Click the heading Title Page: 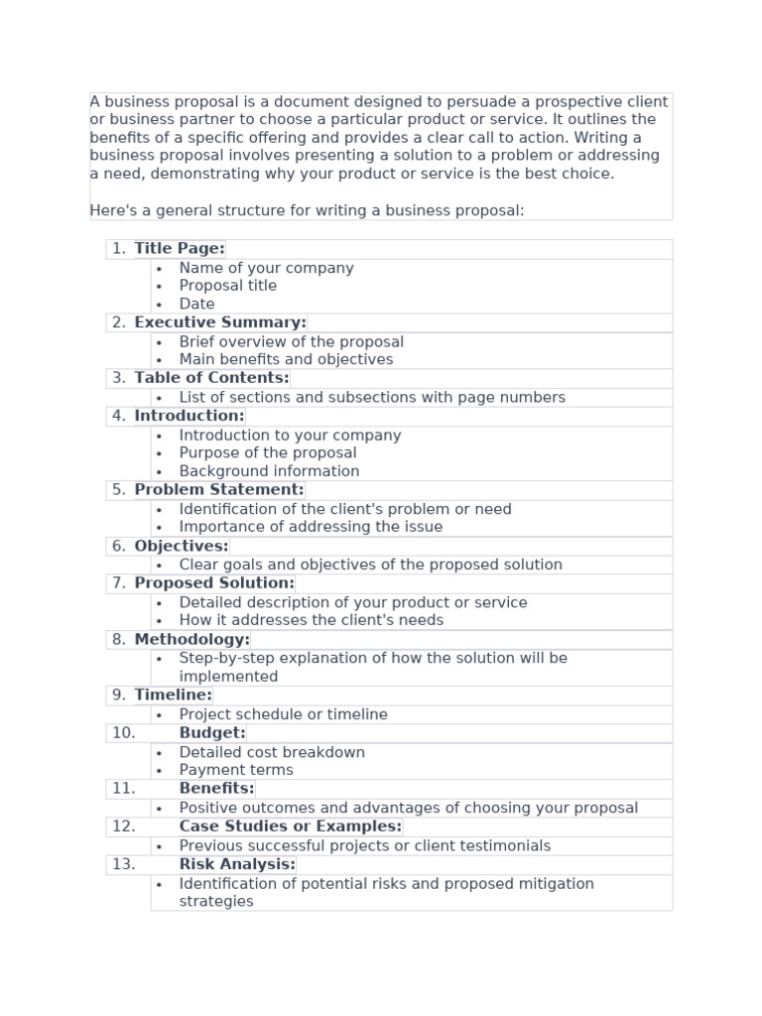click(180, 249)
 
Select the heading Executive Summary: click(220, 322)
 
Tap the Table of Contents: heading click(211, 378)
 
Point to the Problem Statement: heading click(219, 490)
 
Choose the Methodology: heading click(192, 640)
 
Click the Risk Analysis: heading click(237, 864)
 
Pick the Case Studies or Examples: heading click(290, 826)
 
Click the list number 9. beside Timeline click(119, 696)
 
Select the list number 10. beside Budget click(123, 733)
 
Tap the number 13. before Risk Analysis click(123, 864)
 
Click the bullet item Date click(196, 305)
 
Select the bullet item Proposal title click(227, 286)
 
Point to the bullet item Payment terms click(236, 770)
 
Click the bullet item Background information click(269, 471)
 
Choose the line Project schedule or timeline click(283, 714)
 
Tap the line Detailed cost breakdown click(272, 752)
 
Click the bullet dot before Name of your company click(159, 269)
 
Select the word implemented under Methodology click(228, 677)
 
